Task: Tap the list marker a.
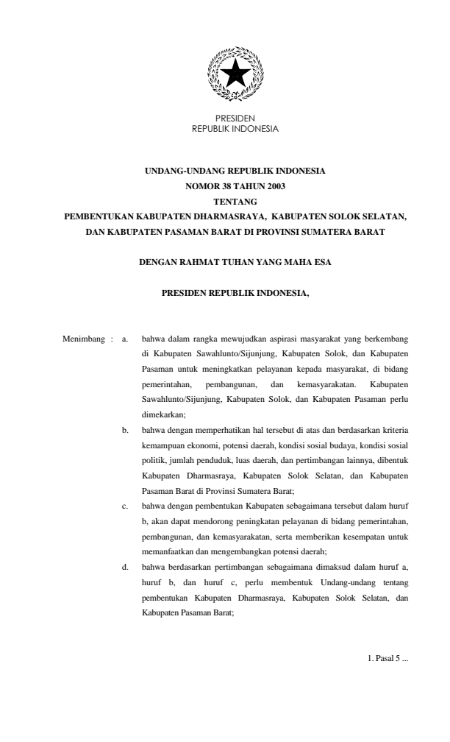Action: [125, 339]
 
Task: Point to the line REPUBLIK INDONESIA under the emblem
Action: [225, 128]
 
